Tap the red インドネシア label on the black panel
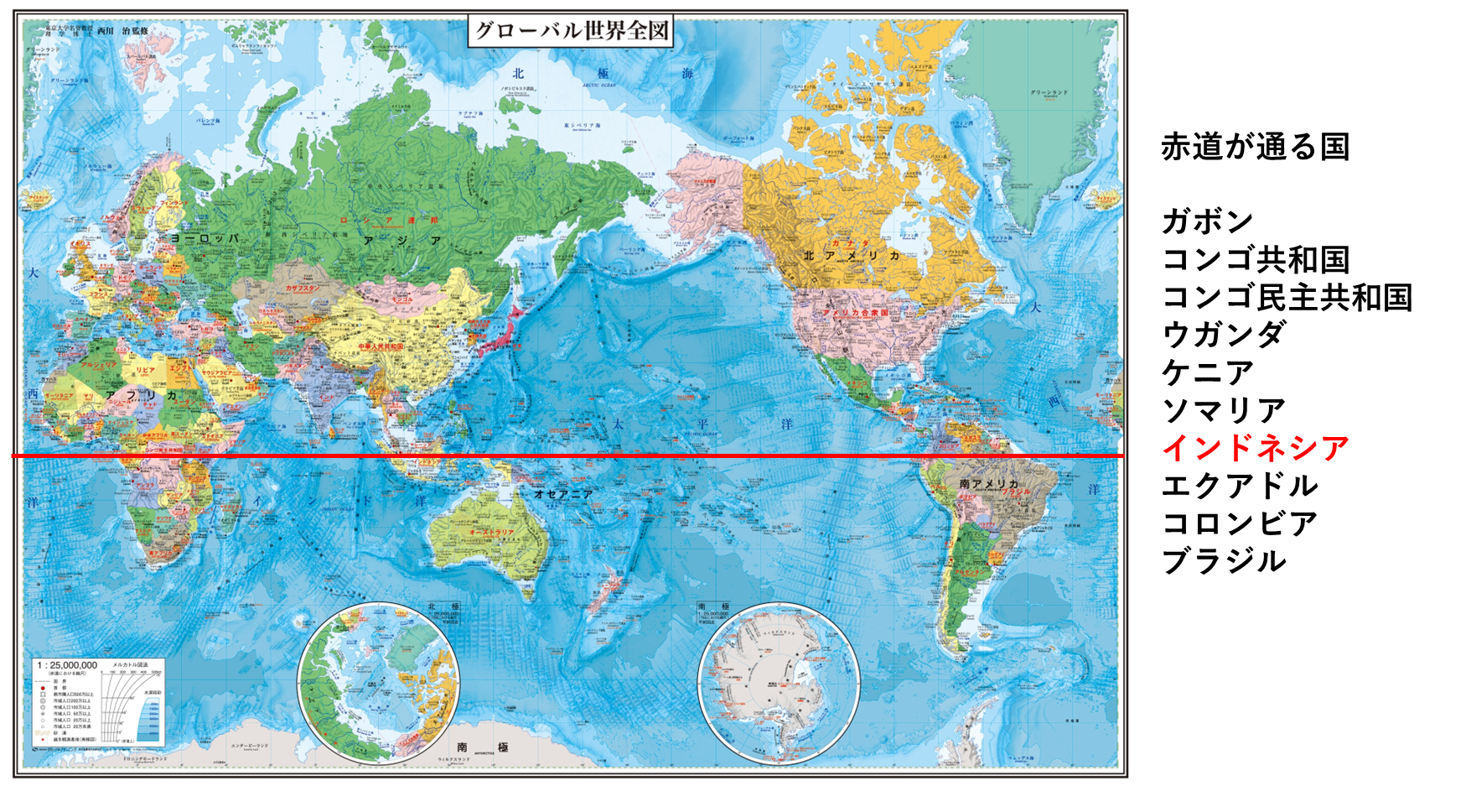click(x=1255, y=447)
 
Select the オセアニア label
click(x=563, y=494)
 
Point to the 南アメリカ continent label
click(x=989, y=484)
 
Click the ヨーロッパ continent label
click(x=205, y=238)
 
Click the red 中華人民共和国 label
click(x=381, y=346)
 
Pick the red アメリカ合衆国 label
click(x=855, y=313)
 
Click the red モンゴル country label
click(x=403, y=299)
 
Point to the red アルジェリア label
click(x=99, y=366)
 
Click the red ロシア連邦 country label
click(x=388, y=221)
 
